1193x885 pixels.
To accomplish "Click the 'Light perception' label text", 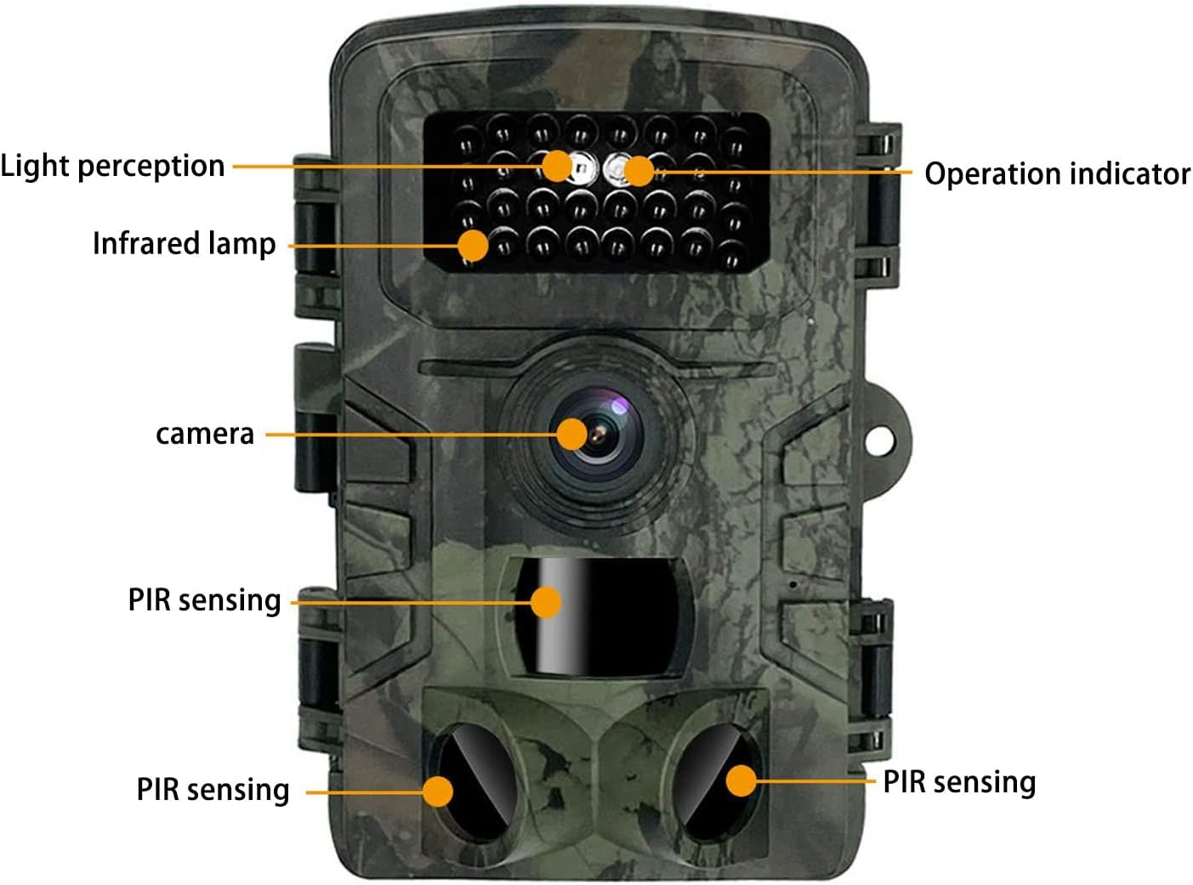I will (x=112, y=166).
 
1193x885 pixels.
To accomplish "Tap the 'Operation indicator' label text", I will (x=1057, y=173).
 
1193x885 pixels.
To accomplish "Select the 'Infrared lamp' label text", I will (x=184, y=243).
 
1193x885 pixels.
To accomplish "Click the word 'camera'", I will (x=204, y=434).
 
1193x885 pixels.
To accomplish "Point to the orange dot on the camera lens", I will (x=572, y=434).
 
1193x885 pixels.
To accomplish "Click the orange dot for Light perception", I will (x=557, y=166).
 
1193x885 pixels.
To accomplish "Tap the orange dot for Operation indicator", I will (x=639, y=172).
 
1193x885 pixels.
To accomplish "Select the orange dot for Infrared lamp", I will (x=473, y=246).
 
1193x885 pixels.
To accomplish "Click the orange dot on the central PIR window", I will (x=546, y=602).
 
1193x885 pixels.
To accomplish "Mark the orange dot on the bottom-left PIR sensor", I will (x=438, y=791).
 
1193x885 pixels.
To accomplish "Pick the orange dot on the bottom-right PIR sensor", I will (x=741, y=780).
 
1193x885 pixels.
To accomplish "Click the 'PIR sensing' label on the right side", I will (x=959, y=781).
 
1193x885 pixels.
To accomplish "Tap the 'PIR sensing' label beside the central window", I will (x=204, y=599).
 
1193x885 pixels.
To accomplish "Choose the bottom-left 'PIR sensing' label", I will (x=213, y=789).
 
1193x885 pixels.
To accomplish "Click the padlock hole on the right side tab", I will (x=881, y=440).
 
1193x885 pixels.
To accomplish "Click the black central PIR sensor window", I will (x=612, y=616).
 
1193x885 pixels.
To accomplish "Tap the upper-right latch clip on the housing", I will (x=879, y=204).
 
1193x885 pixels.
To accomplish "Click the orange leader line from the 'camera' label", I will (x=408, y=434).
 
